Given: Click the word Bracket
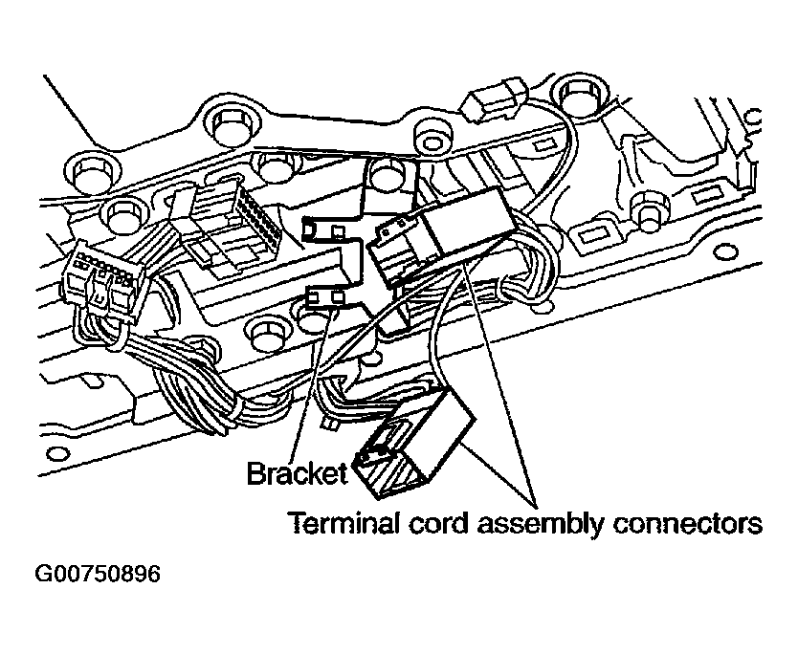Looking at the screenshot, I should coord(297,472).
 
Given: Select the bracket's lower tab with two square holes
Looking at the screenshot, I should coord(325,300).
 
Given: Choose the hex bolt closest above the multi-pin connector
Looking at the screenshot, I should coord(124,211).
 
